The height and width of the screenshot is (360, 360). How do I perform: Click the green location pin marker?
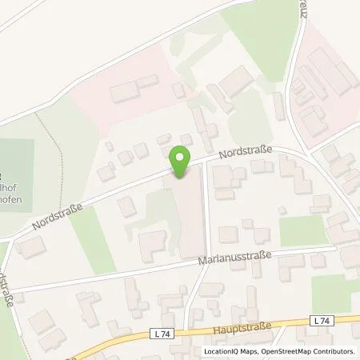182,161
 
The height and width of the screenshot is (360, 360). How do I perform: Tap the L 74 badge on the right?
322,321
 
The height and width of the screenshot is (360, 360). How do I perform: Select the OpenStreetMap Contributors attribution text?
313,351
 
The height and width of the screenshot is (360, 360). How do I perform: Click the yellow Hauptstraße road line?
120,336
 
